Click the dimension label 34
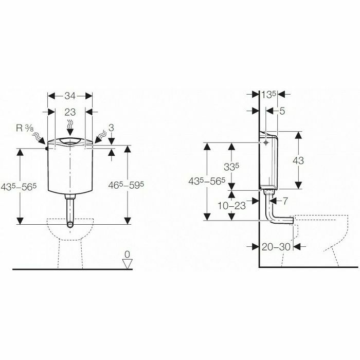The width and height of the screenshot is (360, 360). point(70,96)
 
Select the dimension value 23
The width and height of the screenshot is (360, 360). point(70,112)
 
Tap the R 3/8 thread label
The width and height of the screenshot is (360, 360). point(25,128)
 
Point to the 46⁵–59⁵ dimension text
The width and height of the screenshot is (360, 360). point(126,185)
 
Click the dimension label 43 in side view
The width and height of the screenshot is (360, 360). point(298,160)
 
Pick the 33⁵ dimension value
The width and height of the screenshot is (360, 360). point(231,167)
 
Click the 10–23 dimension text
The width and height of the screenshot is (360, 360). point(231,206)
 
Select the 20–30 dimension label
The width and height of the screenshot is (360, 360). point(276,247)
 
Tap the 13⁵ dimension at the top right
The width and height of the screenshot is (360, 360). point(268,94)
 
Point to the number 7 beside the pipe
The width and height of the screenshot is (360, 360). point(285,201)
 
